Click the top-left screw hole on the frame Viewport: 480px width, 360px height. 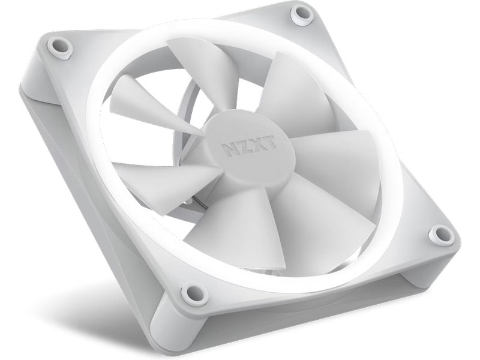click(59, 47)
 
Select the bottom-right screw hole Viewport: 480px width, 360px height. click(441, 235)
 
